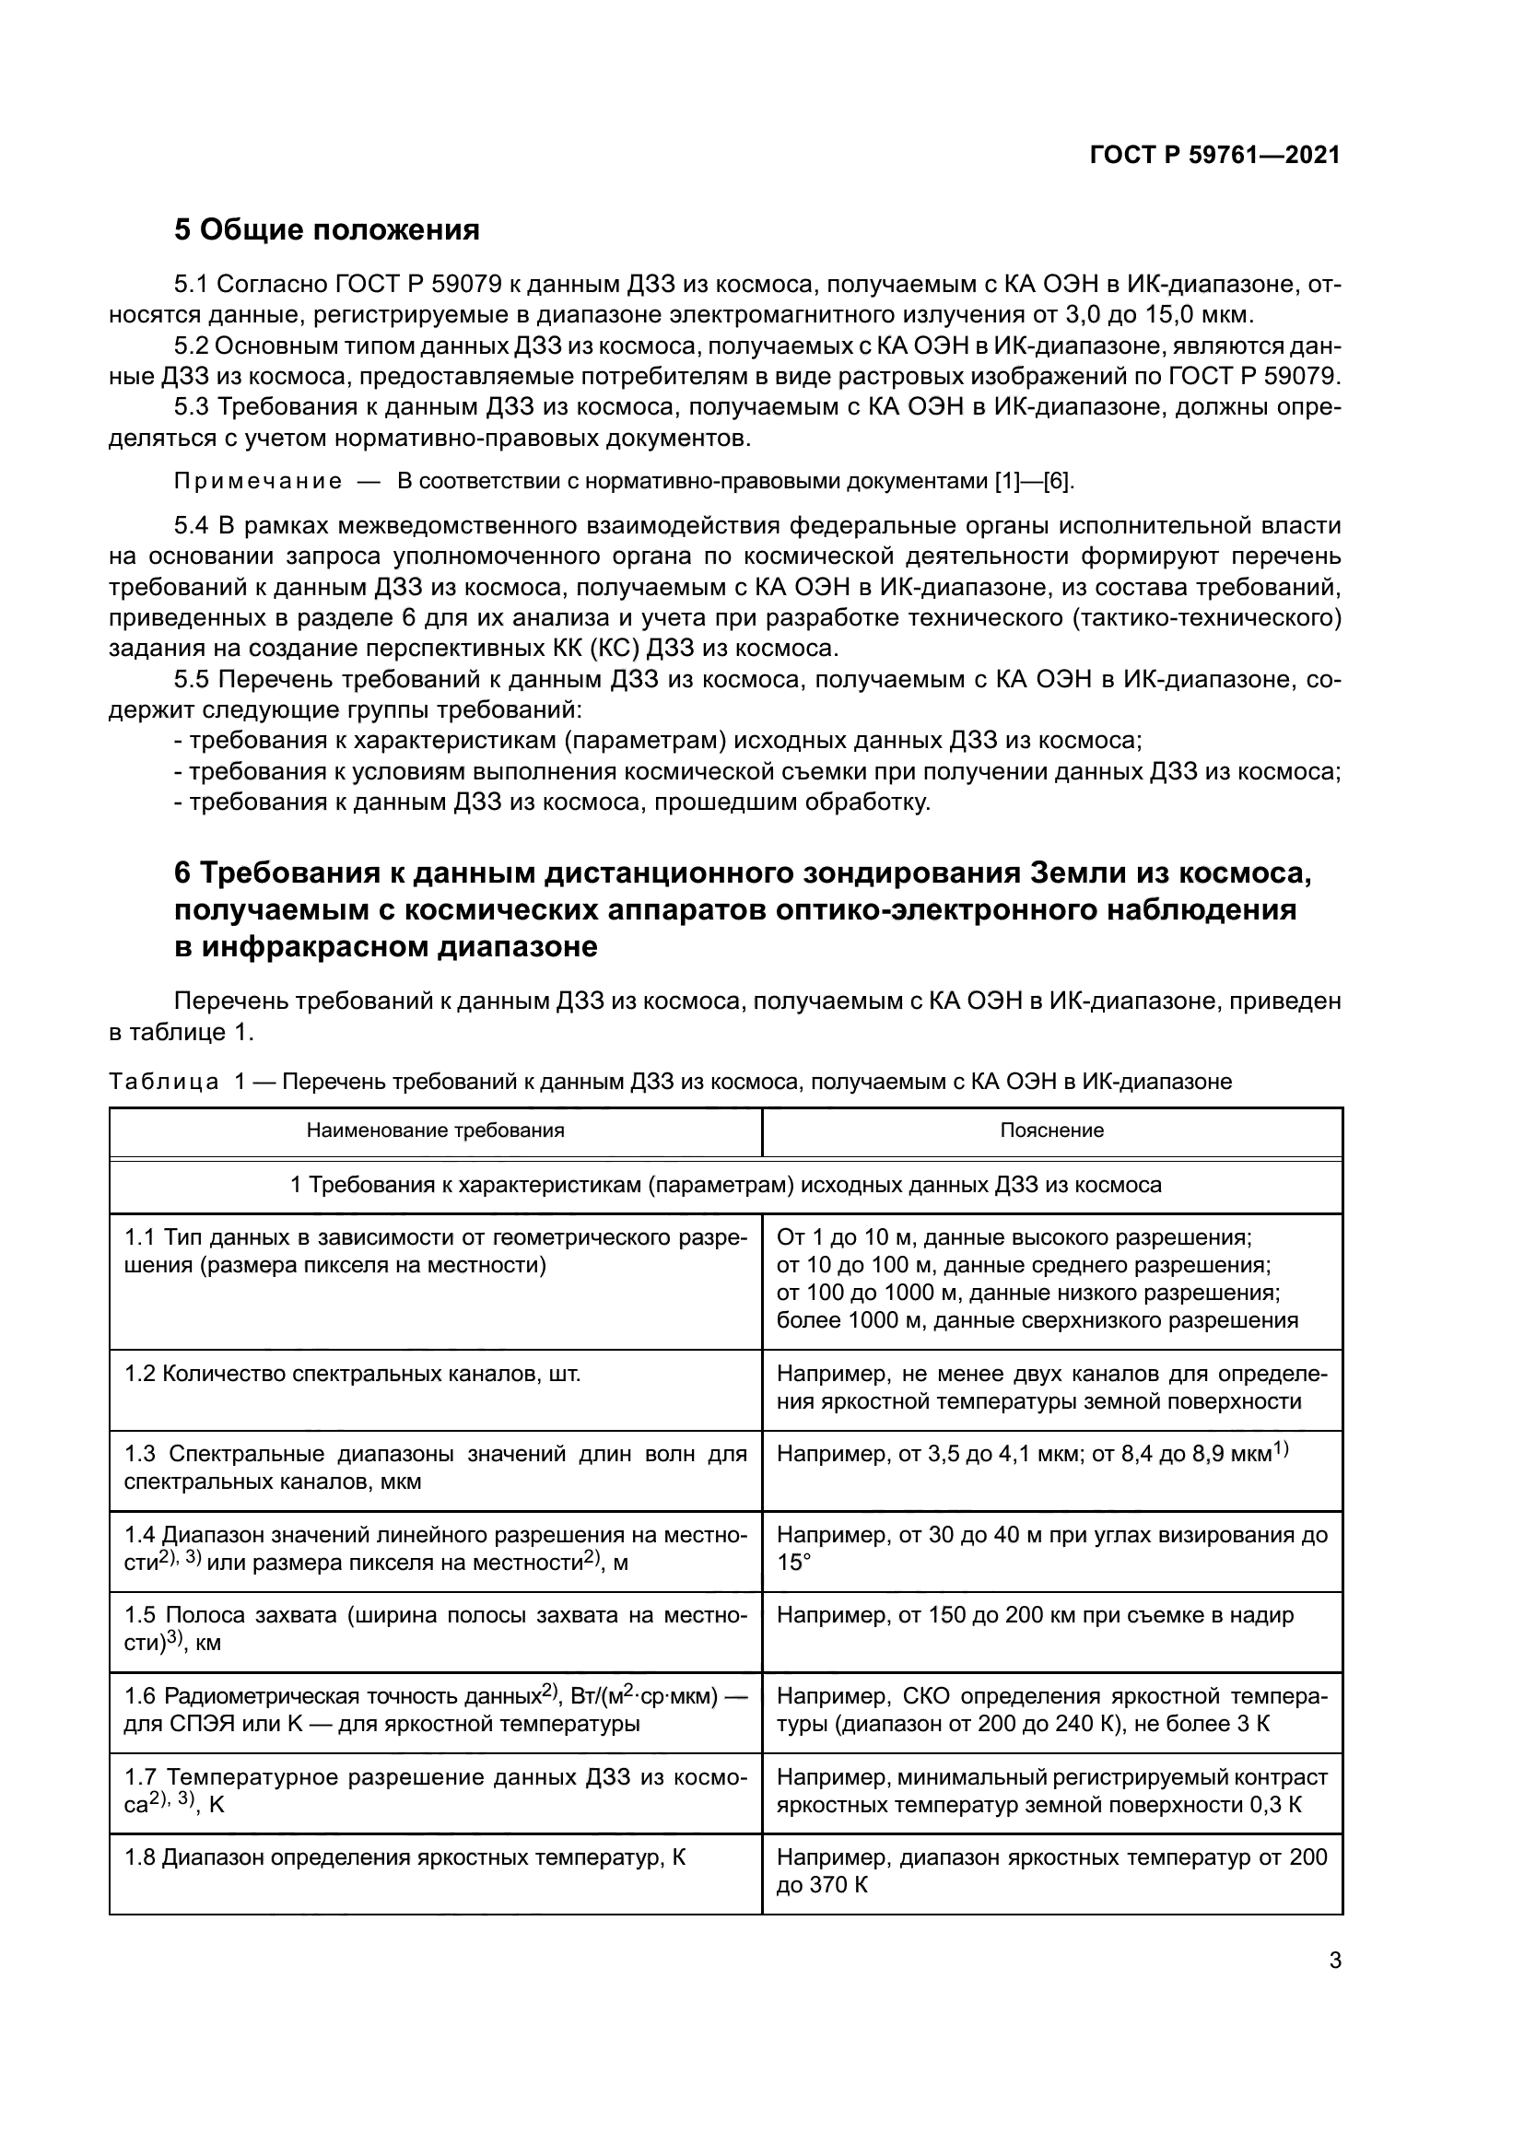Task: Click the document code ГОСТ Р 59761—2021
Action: click(1214, 156)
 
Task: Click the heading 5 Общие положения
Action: click(326, 230)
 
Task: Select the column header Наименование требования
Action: click(436, 1130)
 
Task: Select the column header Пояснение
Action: click(1051, 1130)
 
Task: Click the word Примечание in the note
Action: click(258, 483)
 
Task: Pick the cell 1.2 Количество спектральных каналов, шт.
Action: click(353, 1374)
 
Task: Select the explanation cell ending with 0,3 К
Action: click(1051, 1791)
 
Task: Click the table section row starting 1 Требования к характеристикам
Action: click(725, 1186)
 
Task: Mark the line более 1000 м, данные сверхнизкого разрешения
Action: click(1037, 1320)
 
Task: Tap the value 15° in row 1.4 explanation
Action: click(794, 1563)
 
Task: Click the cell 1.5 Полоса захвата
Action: click(436, 1628)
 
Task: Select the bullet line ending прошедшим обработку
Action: click(552, 802)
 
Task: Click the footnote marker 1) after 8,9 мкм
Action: click(1280, 1451)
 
